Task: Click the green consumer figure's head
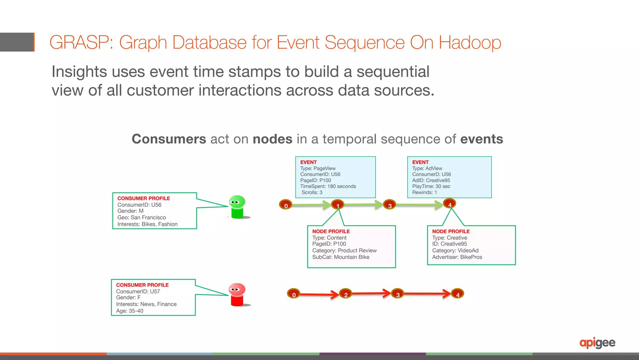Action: [x=237, y=201]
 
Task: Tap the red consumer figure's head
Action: [x=237, y=289]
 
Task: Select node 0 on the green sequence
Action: [x=285, y=205]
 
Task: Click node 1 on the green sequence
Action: [x=337, y=205]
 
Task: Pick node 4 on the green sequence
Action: [x=450, y=204]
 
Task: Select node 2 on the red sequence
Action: [x=345, y=293]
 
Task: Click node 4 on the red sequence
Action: [x=457, y=293]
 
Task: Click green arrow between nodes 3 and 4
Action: [x=418, y=205]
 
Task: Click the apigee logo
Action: [x=597, y=343]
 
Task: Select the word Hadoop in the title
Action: [x=470, y=42]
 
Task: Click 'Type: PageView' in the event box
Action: [x=318, y=168]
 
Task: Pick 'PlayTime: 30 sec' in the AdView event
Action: [x=431, y=186]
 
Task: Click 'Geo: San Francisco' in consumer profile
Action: [x=142, y=218]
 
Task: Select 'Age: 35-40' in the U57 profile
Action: [x=129, y=311]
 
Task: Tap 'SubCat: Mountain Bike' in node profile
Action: [x=341, y=257]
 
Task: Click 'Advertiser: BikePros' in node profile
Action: [x=457, y=257]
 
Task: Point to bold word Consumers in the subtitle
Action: [x=169, y=139]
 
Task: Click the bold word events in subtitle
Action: [x=481, y=139]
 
